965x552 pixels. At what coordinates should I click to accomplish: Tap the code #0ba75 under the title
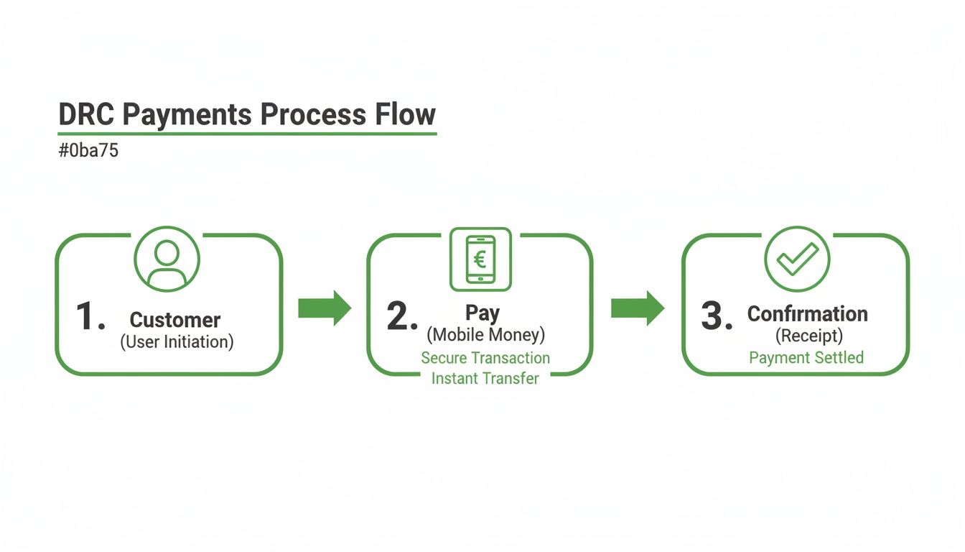coord(88,152)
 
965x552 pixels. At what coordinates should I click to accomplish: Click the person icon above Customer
coord(167,259)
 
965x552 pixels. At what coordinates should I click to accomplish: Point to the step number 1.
coord(89,316)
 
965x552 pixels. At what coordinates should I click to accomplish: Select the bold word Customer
coord(175,320)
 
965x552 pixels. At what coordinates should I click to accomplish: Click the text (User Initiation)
coord(177,341)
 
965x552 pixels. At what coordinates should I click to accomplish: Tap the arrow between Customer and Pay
coord(325,308)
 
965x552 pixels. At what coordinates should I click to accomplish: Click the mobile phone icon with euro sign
coord(480,259)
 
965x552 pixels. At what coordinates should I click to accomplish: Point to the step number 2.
coord(401,316)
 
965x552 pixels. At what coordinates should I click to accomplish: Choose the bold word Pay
coord(482,313)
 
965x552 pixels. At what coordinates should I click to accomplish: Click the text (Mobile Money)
coord(485,334)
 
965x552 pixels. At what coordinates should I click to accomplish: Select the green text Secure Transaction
coord(485,358)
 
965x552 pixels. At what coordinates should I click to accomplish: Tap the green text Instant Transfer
coord(485,378)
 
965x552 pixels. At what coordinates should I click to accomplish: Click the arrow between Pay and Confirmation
coord(638,308)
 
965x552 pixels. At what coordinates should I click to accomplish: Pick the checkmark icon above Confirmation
coord(797,259)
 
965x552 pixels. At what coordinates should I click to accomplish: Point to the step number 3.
coord(716,316)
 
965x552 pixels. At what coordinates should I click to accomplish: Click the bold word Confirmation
coord(808,314)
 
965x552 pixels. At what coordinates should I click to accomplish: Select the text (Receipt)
coord(808,335)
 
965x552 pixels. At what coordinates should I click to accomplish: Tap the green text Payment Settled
coord(806,358)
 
